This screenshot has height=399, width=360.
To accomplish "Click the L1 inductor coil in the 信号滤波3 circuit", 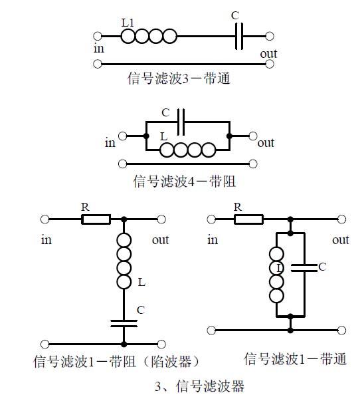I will [x=149, y=36].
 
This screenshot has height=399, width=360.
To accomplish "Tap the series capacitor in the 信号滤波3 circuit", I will [x=240, y=36].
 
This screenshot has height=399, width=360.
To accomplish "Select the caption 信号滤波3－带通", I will [x=178, y=78].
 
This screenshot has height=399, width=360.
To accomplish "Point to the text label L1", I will [x=128, y=23].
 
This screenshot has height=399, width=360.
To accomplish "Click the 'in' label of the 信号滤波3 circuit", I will [x=99, y=49].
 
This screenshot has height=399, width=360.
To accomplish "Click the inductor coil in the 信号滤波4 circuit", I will [x=188, y=150].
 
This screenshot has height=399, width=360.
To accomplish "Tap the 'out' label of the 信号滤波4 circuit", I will [x=265, y=142].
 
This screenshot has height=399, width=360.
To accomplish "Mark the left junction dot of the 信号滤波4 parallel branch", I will [x=145, y=136].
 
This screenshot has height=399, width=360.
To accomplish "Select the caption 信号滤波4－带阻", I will [x=184, y=181].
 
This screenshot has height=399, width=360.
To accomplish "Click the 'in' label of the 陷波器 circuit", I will [x=45, y=239].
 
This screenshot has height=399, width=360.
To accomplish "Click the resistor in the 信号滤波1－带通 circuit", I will [x=248, y=218].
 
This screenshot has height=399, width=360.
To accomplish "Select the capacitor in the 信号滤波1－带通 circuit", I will [x=304, y=267].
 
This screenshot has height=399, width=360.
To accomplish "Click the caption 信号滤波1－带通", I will [x=295, y=359].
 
